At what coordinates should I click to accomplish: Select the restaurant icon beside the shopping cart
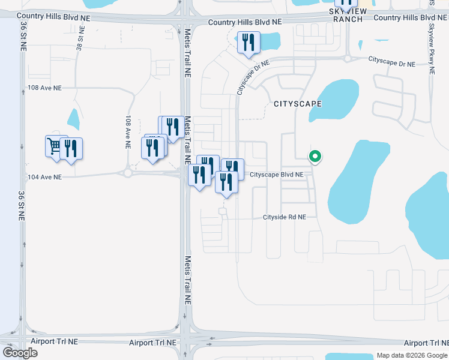tap(71, 149)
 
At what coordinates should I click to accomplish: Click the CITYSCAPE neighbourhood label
tap(298, 104)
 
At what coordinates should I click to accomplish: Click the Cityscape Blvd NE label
tap(277, 175)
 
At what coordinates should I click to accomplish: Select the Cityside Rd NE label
tap(285, 217)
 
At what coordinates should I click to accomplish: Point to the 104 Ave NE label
tap(45, 177)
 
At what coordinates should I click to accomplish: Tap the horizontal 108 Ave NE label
tap(45, 88)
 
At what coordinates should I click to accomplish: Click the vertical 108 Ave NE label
tap(128, 132)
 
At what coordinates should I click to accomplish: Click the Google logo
tap(20, 352)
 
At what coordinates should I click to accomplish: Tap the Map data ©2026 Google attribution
tap(411, 355)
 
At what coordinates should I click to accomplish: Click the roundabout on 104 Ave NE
tap(128, 173)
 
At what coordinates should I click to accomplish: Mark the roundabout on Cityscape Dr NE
tap(347, 58)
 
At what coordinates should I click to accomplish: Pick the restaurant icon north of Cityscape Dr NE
tap(248, 43)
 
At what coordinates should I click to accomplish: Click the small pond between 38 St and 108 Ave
tap(74, 119)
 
